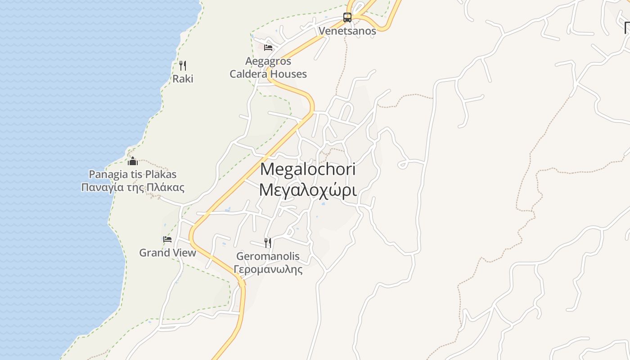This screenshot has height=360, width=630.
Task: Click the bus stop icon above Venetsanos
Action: point(347,18)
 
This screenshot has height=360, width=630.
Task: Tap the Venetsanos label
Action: point(347,31)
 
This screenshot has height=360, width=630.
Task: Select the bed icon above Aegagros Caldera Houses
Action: point(268,47)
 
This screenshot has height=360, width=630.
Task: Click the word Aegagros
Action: point(268,61)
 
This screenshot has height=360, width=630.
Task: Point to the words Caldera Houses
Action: point(268,74)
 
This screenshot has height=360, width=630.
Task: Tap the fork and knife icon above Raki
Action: point(183,66)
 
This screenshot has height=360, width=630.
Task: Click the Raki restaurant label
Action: point(183,79)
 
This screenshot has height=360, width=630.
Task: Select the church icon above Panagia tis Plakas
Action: point(133,161)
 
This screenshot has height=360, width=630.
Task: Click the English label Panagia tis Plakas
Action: point(133,174)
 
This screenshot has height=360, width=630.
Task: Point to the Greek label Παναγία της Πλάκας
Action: point(133,187)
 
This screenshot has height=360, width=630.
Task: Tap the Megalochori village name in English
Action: point(308,169)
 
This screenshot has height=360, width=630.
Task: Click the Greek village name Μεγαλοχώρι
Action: point(308,190)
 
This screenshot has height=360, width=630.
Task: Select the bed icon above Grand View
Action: point(167,239)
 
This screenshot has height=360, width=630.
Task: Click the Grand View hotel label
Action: point(167,252)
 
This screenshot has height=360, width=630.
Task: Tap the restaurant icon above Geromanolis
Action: point(268,243)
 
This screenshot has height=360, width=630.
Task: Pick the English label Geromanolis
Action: point(268,256)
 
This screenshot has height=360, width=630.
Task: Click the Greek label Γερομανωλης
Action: point(268,270)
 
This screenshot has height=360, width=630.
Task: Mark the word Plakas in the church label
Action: point(161,174)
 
